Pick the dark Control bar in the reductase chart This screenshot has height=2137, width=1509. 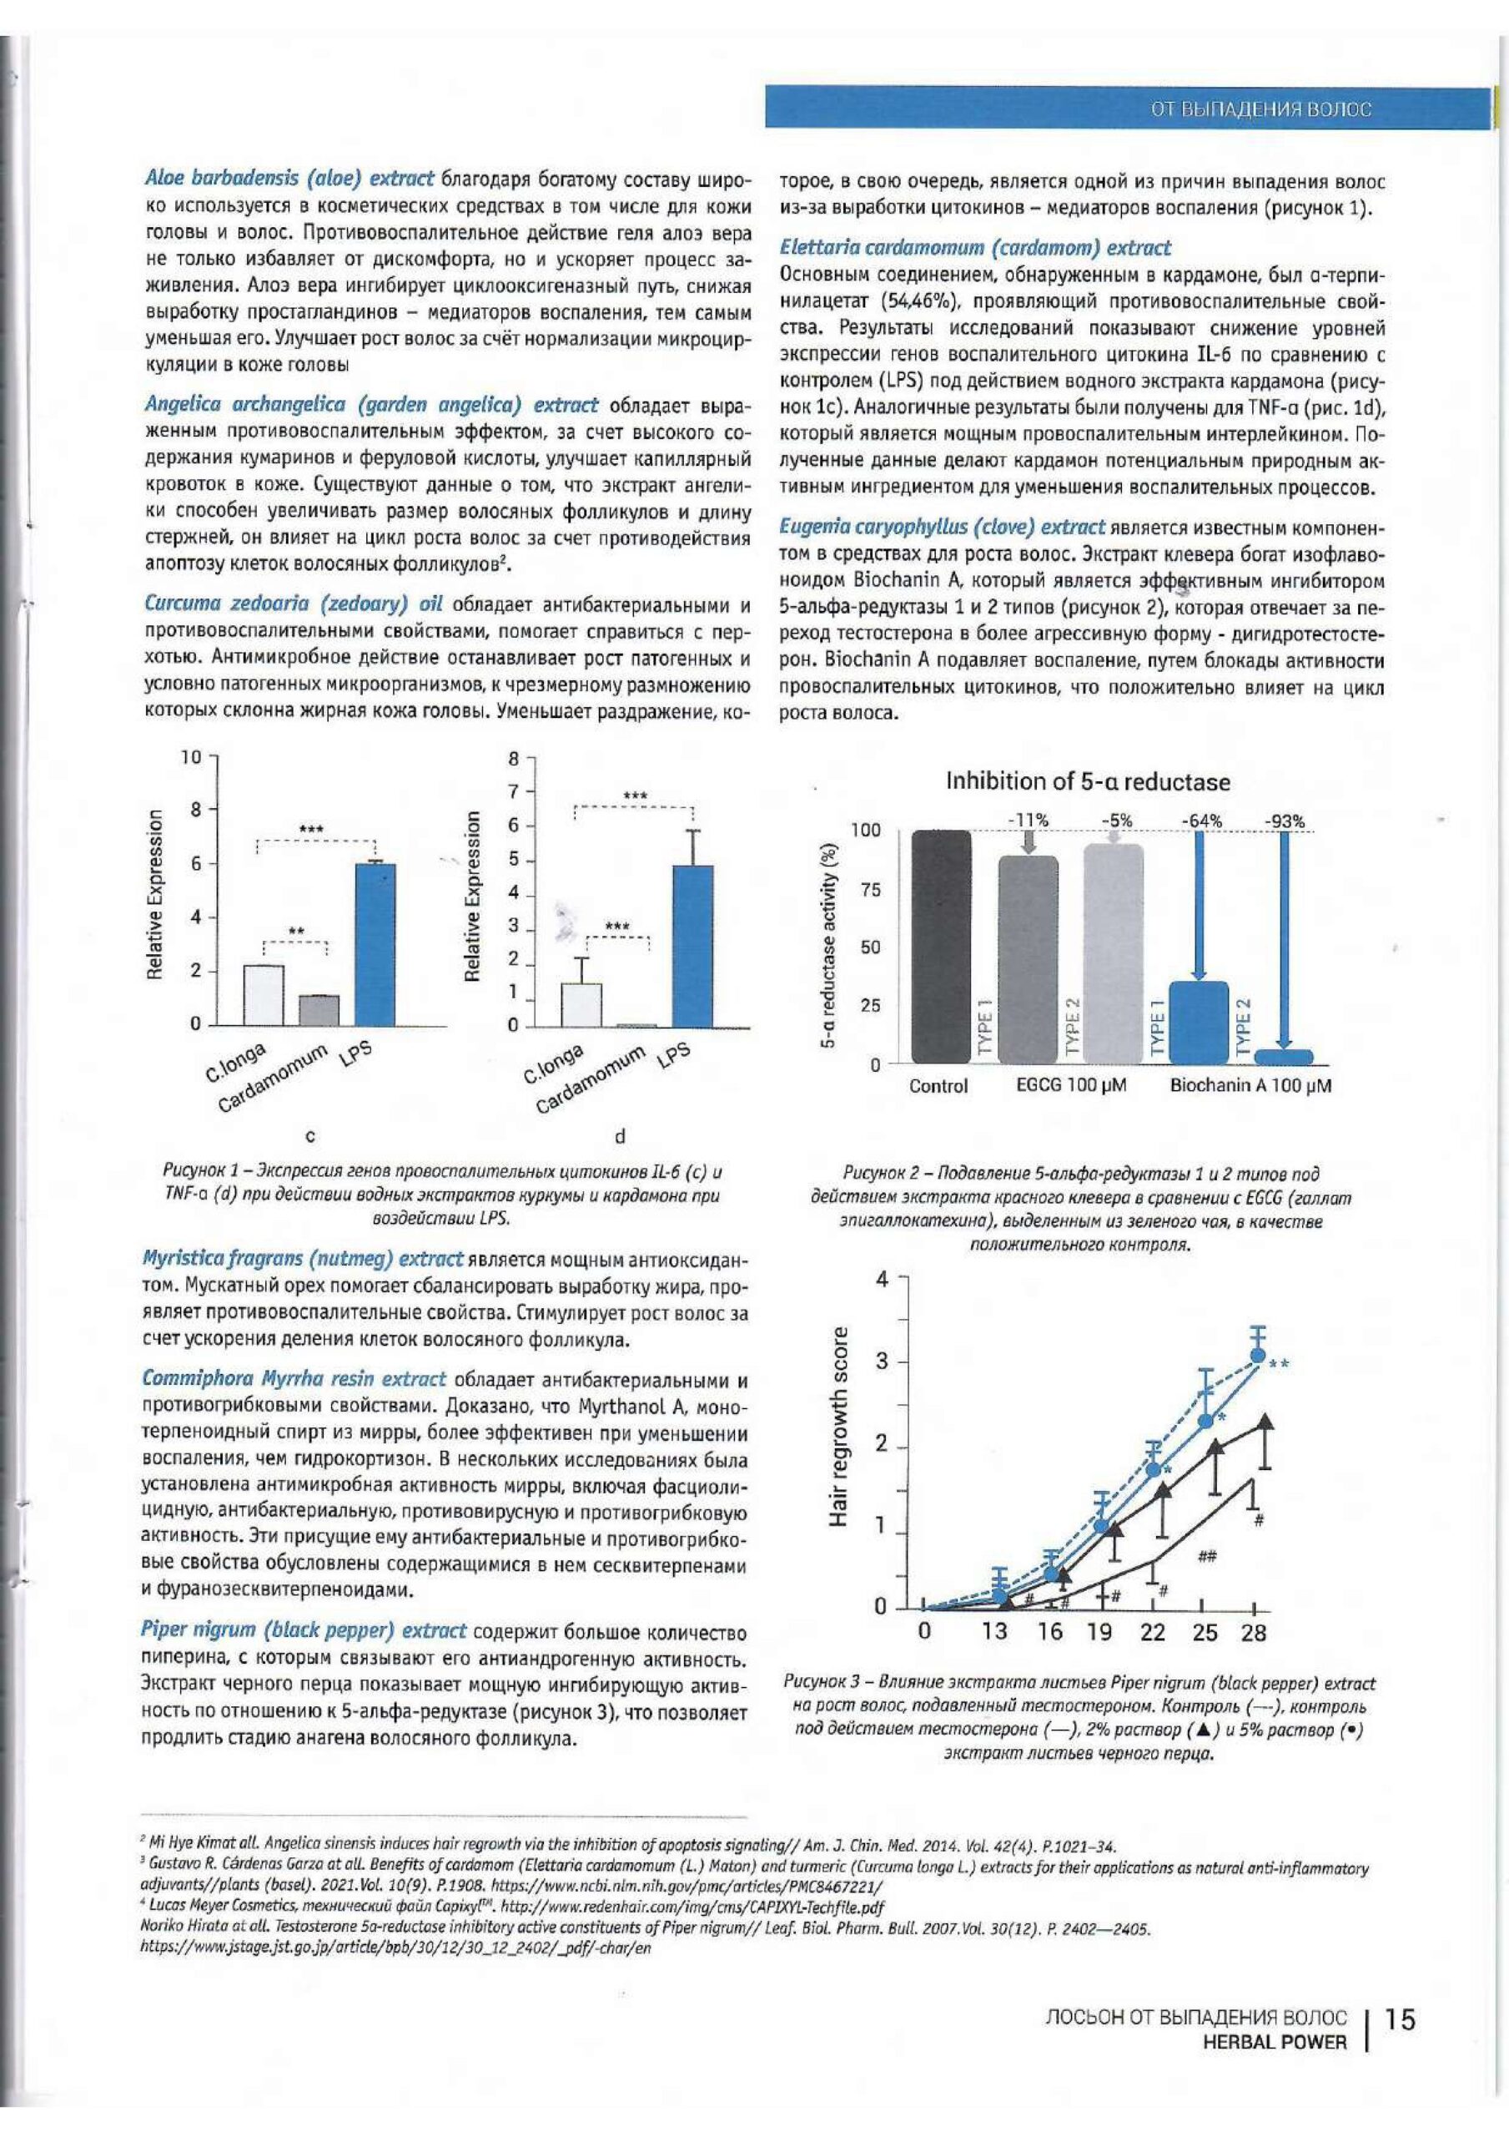coord(941,947)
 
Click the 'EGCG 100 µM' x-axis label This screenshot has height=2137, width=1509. coord(1072,1085)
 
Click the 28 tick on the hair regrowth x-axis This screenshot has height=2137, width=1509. coord(1253,1633)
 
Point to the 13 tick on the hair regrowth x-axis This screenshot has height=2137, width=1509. coord(994,1633)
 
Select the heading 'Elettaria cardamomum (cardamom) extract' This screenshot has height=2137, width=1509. coord(975,249)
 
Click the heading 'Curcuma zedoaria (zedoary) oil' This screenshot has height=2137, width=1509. coord(294,604)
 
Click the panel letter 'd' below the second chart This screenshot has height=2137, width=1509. coord(621,1135)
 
